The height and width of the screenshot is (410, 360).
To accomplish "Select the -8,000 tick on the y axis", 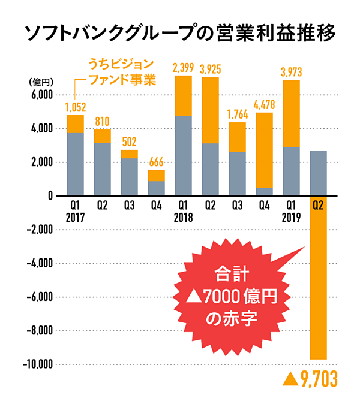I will coord(40,331).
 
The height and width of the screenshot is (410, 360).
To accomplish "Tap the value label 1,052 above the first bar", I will coord(76,108).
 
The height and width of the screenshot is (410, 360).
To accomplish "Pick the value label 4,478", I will coord(265,105).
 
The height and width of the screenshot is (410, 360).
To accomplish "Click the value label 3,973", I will coord(292,73).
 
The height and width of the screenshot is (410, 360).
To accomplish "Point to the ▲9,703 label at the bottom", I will coord(310,379).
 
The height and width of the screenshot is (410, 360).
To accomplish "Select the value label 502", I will coord(129,143).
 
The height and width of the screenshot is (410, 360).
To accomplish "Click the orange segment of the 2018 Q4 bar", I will coord(265,150).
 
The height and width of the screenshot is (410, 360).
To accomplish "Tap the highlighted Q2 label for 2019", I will coord(319,204).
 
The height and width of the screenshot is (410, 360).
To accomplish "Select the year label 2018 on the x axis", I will coord(184,216).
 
